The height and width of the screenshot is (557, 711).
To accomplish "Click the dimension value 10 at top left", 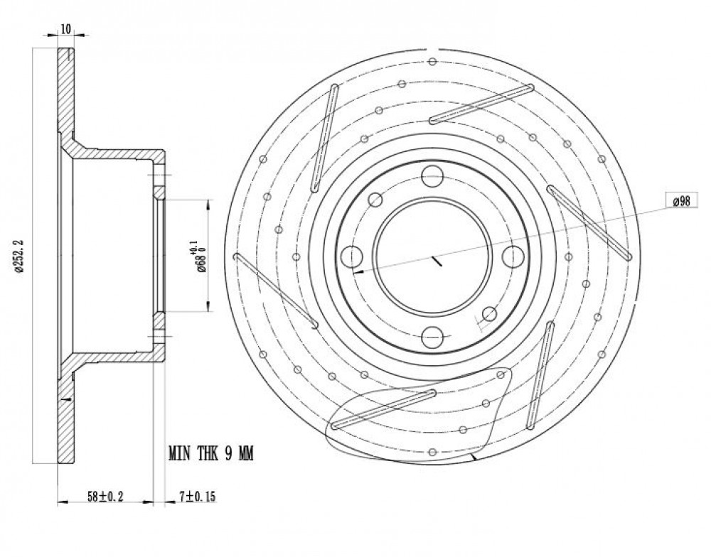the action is click(65, 29).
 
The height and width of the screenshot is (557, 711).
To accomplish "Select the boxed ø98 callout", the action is click(682, 200).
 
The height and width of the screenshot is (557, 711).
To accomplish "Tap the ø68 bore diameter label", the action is click(198, 257).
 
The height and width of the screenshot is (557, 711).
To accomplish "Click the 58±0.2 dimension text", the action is click(105, 497).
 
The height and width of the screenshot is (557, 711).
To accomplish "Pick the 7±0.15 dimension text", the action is click(197, 497).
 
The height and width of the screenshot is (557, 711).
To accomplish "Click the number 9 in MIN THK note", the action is click(230, 453).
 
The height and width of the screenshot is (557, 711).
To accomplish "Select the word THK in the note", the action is click(208, 453).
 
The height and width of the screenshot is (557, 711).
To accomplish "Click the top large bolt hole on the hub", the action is click(432, 176).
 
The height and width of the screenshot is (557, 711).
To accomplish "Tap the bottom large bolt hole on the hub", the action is click(432, 337).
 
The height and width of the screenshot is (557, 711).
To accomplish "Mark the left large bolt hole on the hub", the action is click(352, 256).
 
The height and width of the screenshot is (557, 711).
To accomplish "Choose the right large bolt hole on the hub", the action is click(513, 256).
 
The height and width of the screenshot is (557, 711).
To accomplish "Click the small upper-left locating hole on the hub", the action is click(375, 200).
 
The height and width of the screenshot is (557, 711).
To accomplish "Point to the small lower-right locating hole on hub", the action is click(489, 313).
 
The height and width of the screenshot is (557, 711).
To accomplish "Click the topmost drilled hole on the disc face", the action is click(432, 61).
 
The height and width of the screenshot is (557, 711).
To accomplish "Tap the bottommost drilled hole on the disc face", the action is click(432, 452).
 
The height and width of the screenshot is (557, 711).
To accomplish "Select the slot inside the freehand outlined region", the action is click(384, 409).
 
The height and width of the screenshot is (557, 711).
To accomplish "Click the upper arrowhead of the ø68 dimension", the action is click(208, 206).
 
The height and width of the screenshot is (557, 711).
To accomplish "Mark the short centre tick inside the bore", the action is click(437, 261).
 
